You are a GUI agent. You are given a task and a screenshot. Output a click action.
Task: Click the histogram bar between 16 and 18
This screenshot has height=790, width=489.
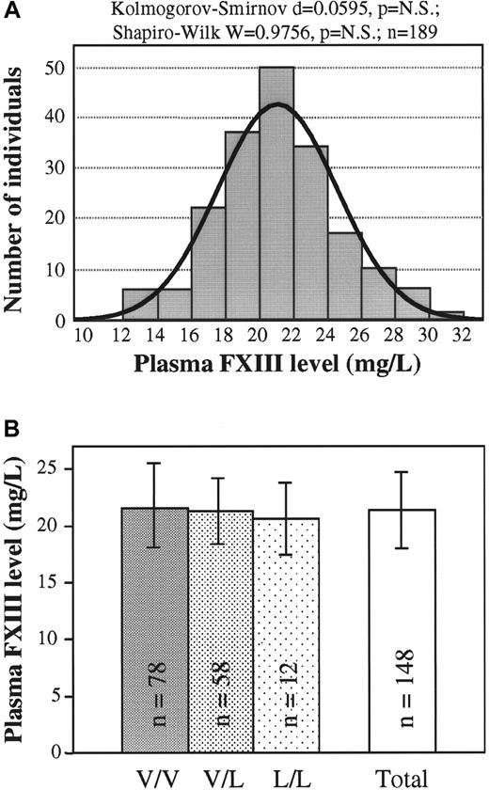207,264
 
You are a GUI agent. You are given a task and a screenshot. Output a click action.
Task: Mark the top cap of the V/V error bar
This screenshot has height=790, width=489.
155,463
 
